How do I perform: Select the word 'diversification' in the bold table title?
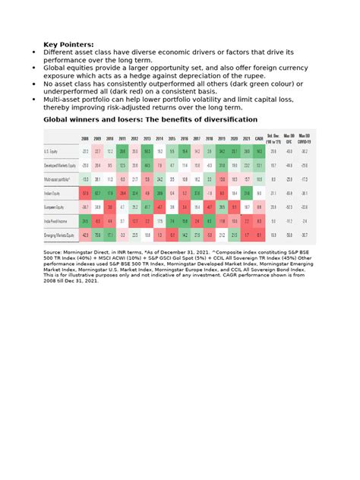point(226,120)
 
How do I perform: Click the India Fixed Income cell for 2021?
point(247,220)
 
